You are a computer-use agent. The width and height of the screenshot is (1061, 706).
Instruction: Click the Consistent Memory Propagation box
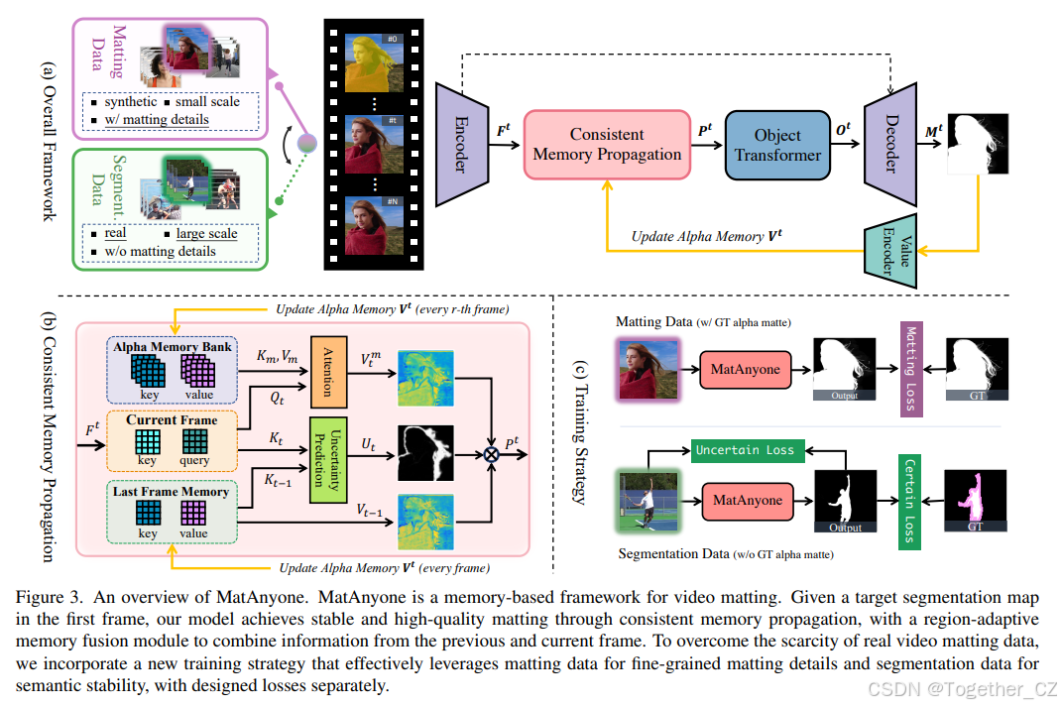click(607, 145)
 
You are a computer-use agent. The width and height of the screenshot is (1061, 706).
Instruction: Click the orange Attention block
click(328, 372)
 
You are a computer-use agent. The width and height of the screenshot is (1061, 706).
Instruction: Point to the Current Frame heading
click(171, 419)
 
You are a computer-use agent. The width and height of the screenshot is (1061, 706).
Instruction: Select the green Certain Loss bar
click(910, 501)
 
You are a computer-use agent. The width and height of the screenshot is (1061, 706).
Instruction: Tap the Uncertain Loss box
click(745, 450)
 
